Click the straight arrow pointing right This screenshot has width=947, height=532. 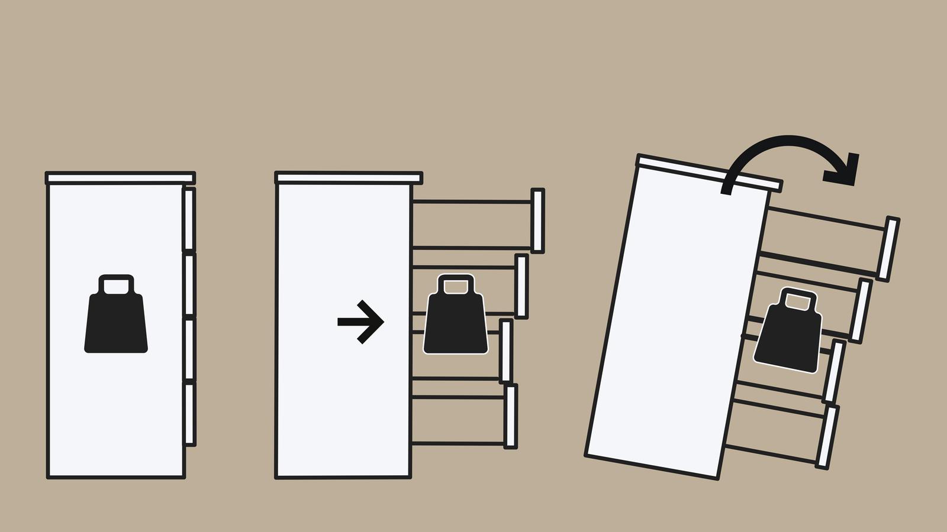point(361,322)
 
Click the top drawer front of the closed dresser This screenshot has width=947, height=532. point(189,219)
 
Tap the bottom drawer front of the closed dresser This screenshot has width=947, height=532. point(189,414)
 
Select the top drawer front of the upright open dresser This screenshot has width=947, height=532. point(537,220)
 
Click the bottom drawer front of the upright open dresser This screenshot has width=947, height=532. point(510,416)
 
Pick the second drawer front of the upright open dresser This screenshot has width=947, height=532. point(521,286)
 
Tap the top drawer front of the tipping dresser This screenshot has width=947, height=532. point(888,249)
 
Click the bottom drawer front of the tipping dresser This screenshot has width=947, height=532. point(827,437)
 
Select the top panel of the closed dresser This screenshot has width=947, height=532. point(120,178)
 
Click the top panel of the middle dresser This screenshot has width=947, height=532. point(349,178)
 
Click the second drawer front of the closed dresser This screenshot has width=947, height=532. point(189,284)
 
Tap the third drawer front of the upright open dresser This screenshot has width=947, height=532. point(505,351)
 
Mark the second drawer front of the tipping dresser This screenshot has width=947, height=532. point(861,311)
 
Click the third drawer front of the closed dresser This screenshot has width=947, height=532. point(189,349)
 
